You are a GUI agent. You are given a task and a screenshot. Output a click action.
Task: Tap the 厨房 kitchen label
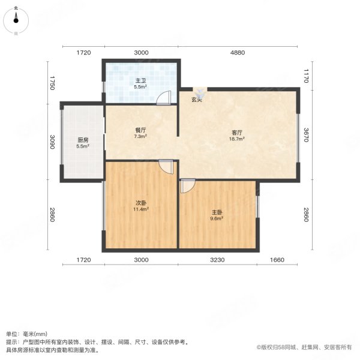click(83, 140)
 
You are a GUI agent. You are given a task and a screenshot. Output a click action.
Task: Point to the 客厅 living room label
click(238, 132)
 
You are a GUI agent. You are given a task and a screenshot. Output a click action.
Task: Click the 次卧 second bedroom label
click(141, 202)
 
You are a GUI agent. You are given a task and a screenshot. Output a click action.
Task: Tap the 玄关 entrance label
click(197, 100)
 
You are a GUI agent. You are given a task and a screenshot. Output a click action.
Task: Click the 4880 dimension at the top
click(238, 53)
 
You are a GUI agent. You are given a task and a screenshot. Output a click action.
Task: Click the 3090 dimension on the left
click(53, 142)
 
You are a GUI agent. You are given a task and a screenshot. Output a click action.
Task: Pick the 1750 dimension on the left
click(53, 83)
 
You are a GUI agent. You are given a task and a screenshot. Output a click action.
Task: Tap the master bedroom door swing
click(187, 187)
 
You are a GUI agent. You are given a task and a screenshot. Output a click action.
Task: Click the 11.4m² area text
click(141, 209)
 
